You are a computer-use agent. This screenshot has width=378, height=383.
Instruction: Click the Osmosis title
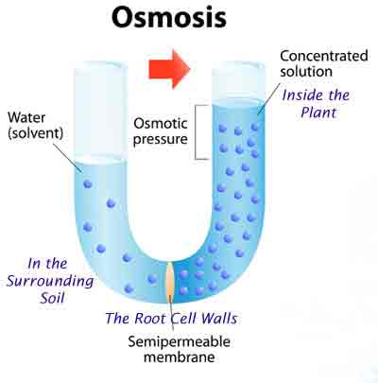pyautogui.click(x=169, y=17)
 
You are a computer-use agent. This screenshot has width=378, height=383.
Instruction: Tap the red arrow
pyautogui.click(x=169, y=69)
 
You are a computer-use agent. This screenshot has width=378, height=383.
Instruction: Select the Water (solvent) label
pyautogui.click(x=35, y=125)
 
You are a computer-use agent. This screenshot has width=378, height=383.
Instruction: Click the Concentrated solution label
pyautogui.click(x=324, y=63)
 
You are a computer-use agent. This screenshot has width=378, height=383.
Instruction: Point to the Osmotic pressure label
pyautogui.click(x=161, y=131)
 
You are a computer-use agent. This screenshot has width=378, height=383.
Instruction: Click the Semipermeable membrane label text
pyautogui.click(x=179, y=349)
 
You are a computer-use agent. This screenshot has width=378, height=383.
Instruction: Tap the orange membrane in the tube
pyautogui.click(x=170, y=281)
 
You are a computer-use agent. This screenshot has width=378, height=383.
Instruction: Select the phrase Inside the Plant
pyautogui.click(x=316, y=104)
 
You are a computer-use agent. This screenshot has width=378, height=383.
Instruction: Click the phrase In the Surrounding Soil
pyautogui.click(x=50, y=281)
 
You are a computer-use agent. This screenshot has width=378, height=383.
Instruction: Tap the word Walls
pyautogui.click(x=219, y=318)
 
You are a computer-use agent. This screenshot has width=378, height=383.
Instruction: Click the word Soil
pyautogui.click(x=53, y=298)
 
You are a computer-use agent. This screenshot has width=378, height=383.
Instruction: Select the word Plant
pyautogui.click(x=318, y=113)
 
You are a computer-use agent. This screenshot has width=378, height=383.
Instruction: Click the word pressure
pyautogui.click(x=161, y=140)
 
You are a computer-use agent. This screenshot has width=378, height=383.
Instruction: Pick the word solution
pyautogui.click(x=306, y=72)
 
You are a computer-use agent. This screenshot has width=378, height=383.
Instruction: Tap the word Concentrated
pyautogui.click(x=324, y=56)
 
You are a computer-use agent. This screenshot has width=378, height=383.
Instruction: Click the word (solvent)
pyautogui.click(x=35, y=133)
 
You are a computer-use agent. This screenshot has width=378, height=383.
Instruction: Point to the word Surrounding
pyautogui.click(x=50, y=281)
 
